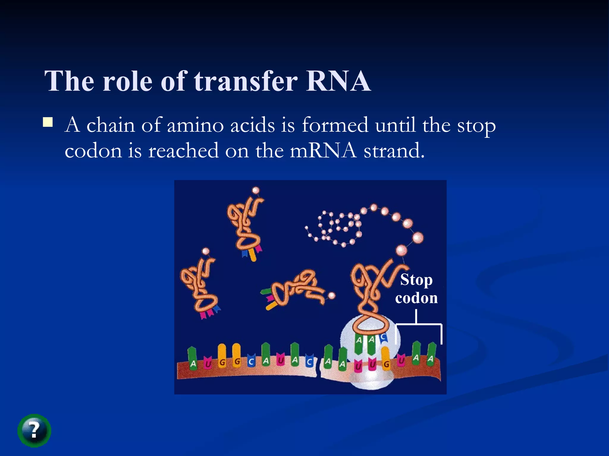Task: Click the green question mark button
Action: pyautogui.click(x=34, y=430)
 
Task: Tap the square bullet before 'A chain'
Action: pyautogui.click(x=48, y=122)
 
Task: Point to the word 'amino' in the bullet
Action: pyautogui.click(x=195, y=125)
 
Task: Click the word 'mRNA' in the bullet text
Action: pyautogui.click(x=323, y=151)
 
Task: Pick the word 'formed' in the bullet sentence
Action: pyautogui.click(x=335, y=125)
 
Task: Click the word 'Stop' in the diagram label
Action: pyautogui.click(x=416, y=280)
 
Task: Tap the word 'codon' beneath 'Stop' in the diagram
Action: pyautogui.click(x=416, y=298)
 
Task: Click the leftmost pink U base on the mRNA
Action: pyautogui.click(x=208, y=363)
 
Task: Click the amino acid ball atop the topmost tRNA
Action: pyautogui.click(x=255, y=190)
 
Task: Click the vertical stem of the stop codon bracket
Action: pyautogui.click(x=416, y=316)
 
